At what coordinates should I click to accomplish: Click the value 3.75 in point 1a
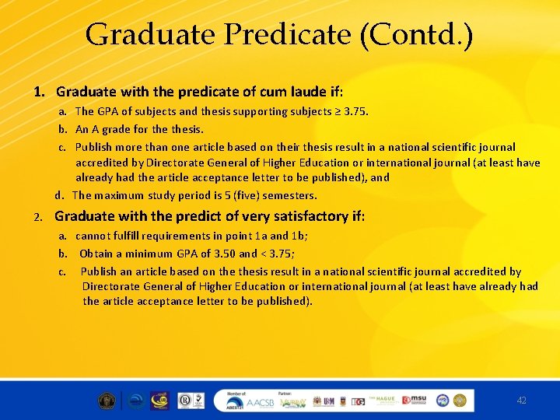point(354,111)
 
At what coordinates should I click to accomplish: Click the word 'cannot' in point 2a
point(93,236)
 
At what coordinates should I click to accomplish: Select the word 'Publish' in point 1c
point(93,147)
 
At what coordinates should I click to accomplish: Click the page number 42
point(521,400)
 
